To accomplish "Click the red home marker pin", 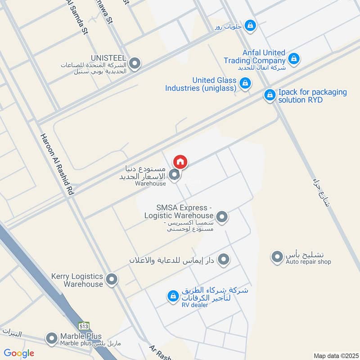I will tap(180, 161).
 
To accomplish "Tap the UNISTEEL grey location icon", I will tap(134, 63).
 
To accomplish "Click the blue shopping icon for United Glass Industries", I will tap(245, 83).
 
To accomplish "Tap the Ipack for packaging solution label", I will tap(312, 95).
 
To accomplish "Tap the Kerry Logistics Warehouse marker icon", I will tap(112, 280).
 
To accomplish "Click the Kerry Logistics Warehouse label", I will tap(77, 280).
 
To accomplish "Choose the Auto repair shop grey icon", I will tap(276, 257).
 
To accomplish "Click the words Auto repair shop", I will tap(308, 262).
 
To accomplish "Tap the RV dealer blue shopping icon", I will tap(172, 296).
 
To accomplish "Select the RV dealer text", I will tap(194, 305).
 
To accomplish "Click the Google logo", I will tap(19, 353).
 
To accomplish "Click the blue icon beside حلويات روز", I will tap(252, 26).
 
